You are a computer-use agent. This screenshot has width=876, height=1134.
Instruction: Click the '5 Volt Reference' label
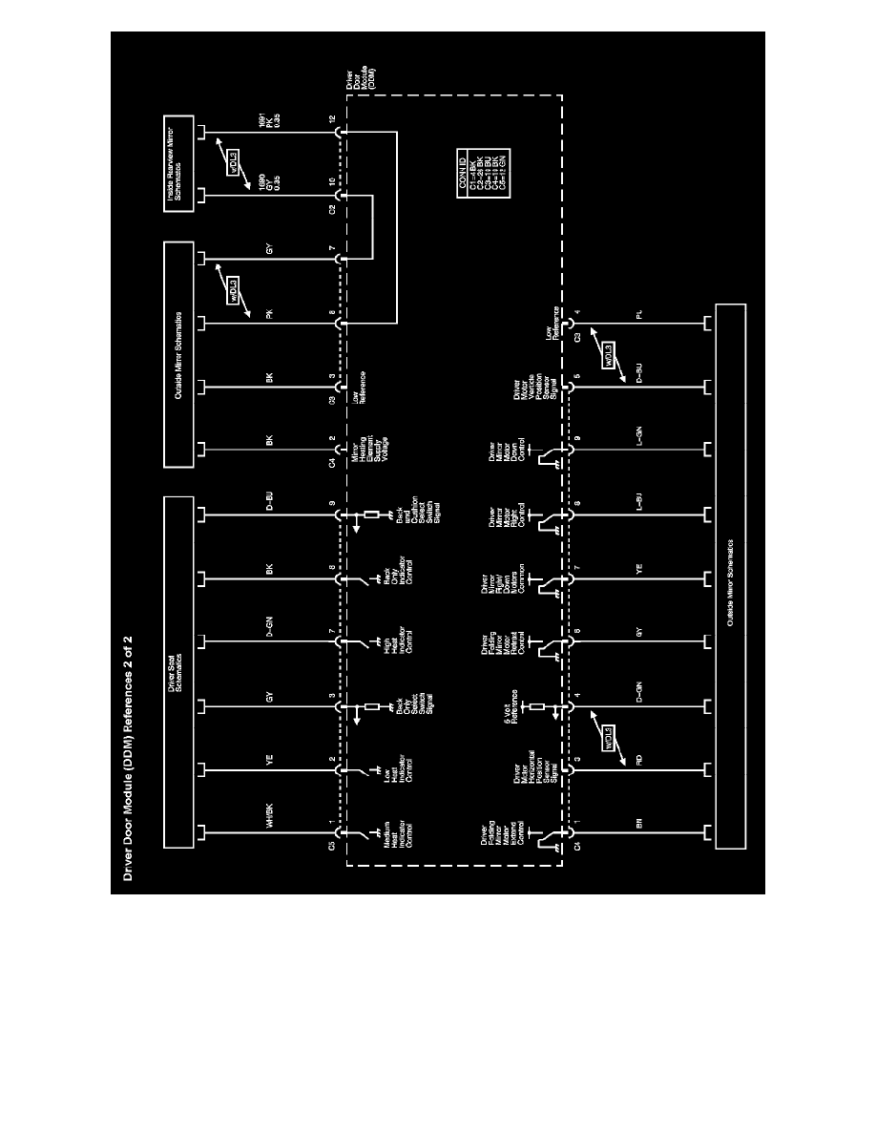[x=515, y=705]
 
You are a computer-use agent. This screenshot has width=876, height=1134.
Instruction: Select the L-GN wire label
[x=640, y=445]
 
